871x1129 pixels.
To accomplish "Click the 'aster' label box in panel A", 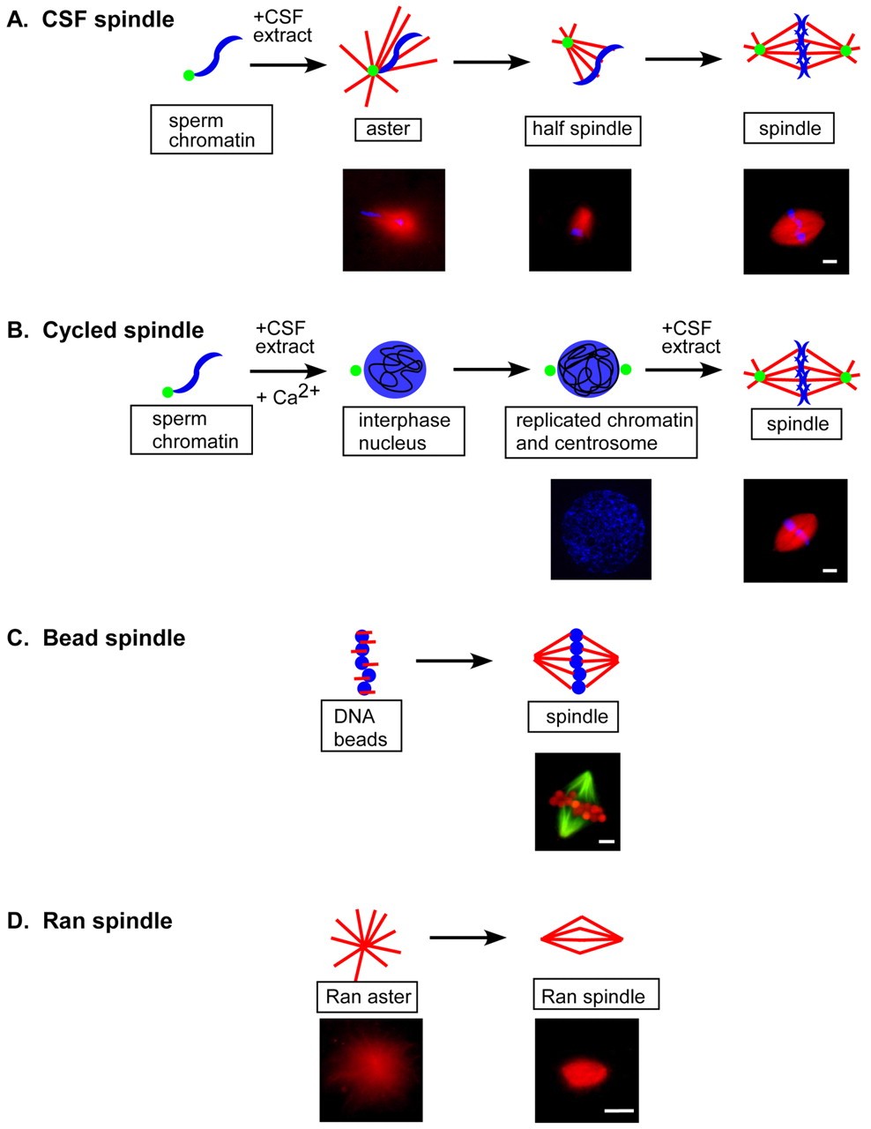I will (388, 130).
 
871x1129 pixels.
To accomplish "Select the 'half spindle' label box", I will (582, 130).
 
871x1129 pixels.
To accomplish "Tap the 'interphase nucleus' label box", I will (404, 431).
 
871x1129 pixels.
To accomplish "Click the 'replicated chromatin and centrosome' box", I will (601, 431).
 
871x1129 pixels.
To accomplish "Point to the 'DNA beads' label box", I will (361, 727).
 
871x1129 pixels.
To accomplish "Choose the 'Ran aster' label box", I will (368, 998).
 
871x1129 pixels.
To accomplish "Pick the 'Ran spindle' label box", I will (596, 998).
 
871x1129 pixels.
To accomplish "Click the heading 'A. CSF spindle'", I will (90, 19).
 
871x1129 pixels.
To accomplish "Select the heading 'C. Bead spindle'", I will (96, 638).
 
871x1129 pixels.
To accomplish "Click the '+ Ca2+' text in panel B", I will (288, 395).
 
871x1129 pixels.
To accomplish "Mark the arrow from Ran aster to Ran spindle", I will (467, 938).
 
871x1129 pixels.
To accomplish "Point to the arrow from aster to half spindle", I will (491, 62).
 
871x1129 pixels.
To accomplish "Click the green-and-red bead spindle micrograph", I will (577, 801).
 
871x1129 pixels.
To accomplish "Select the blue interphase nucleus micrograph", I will (600, 529).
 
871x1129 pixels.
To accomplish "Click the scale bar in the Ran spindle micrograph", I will (620, 1110).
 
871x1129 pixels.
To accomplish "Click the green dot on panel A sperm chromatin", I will (188, 76).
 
